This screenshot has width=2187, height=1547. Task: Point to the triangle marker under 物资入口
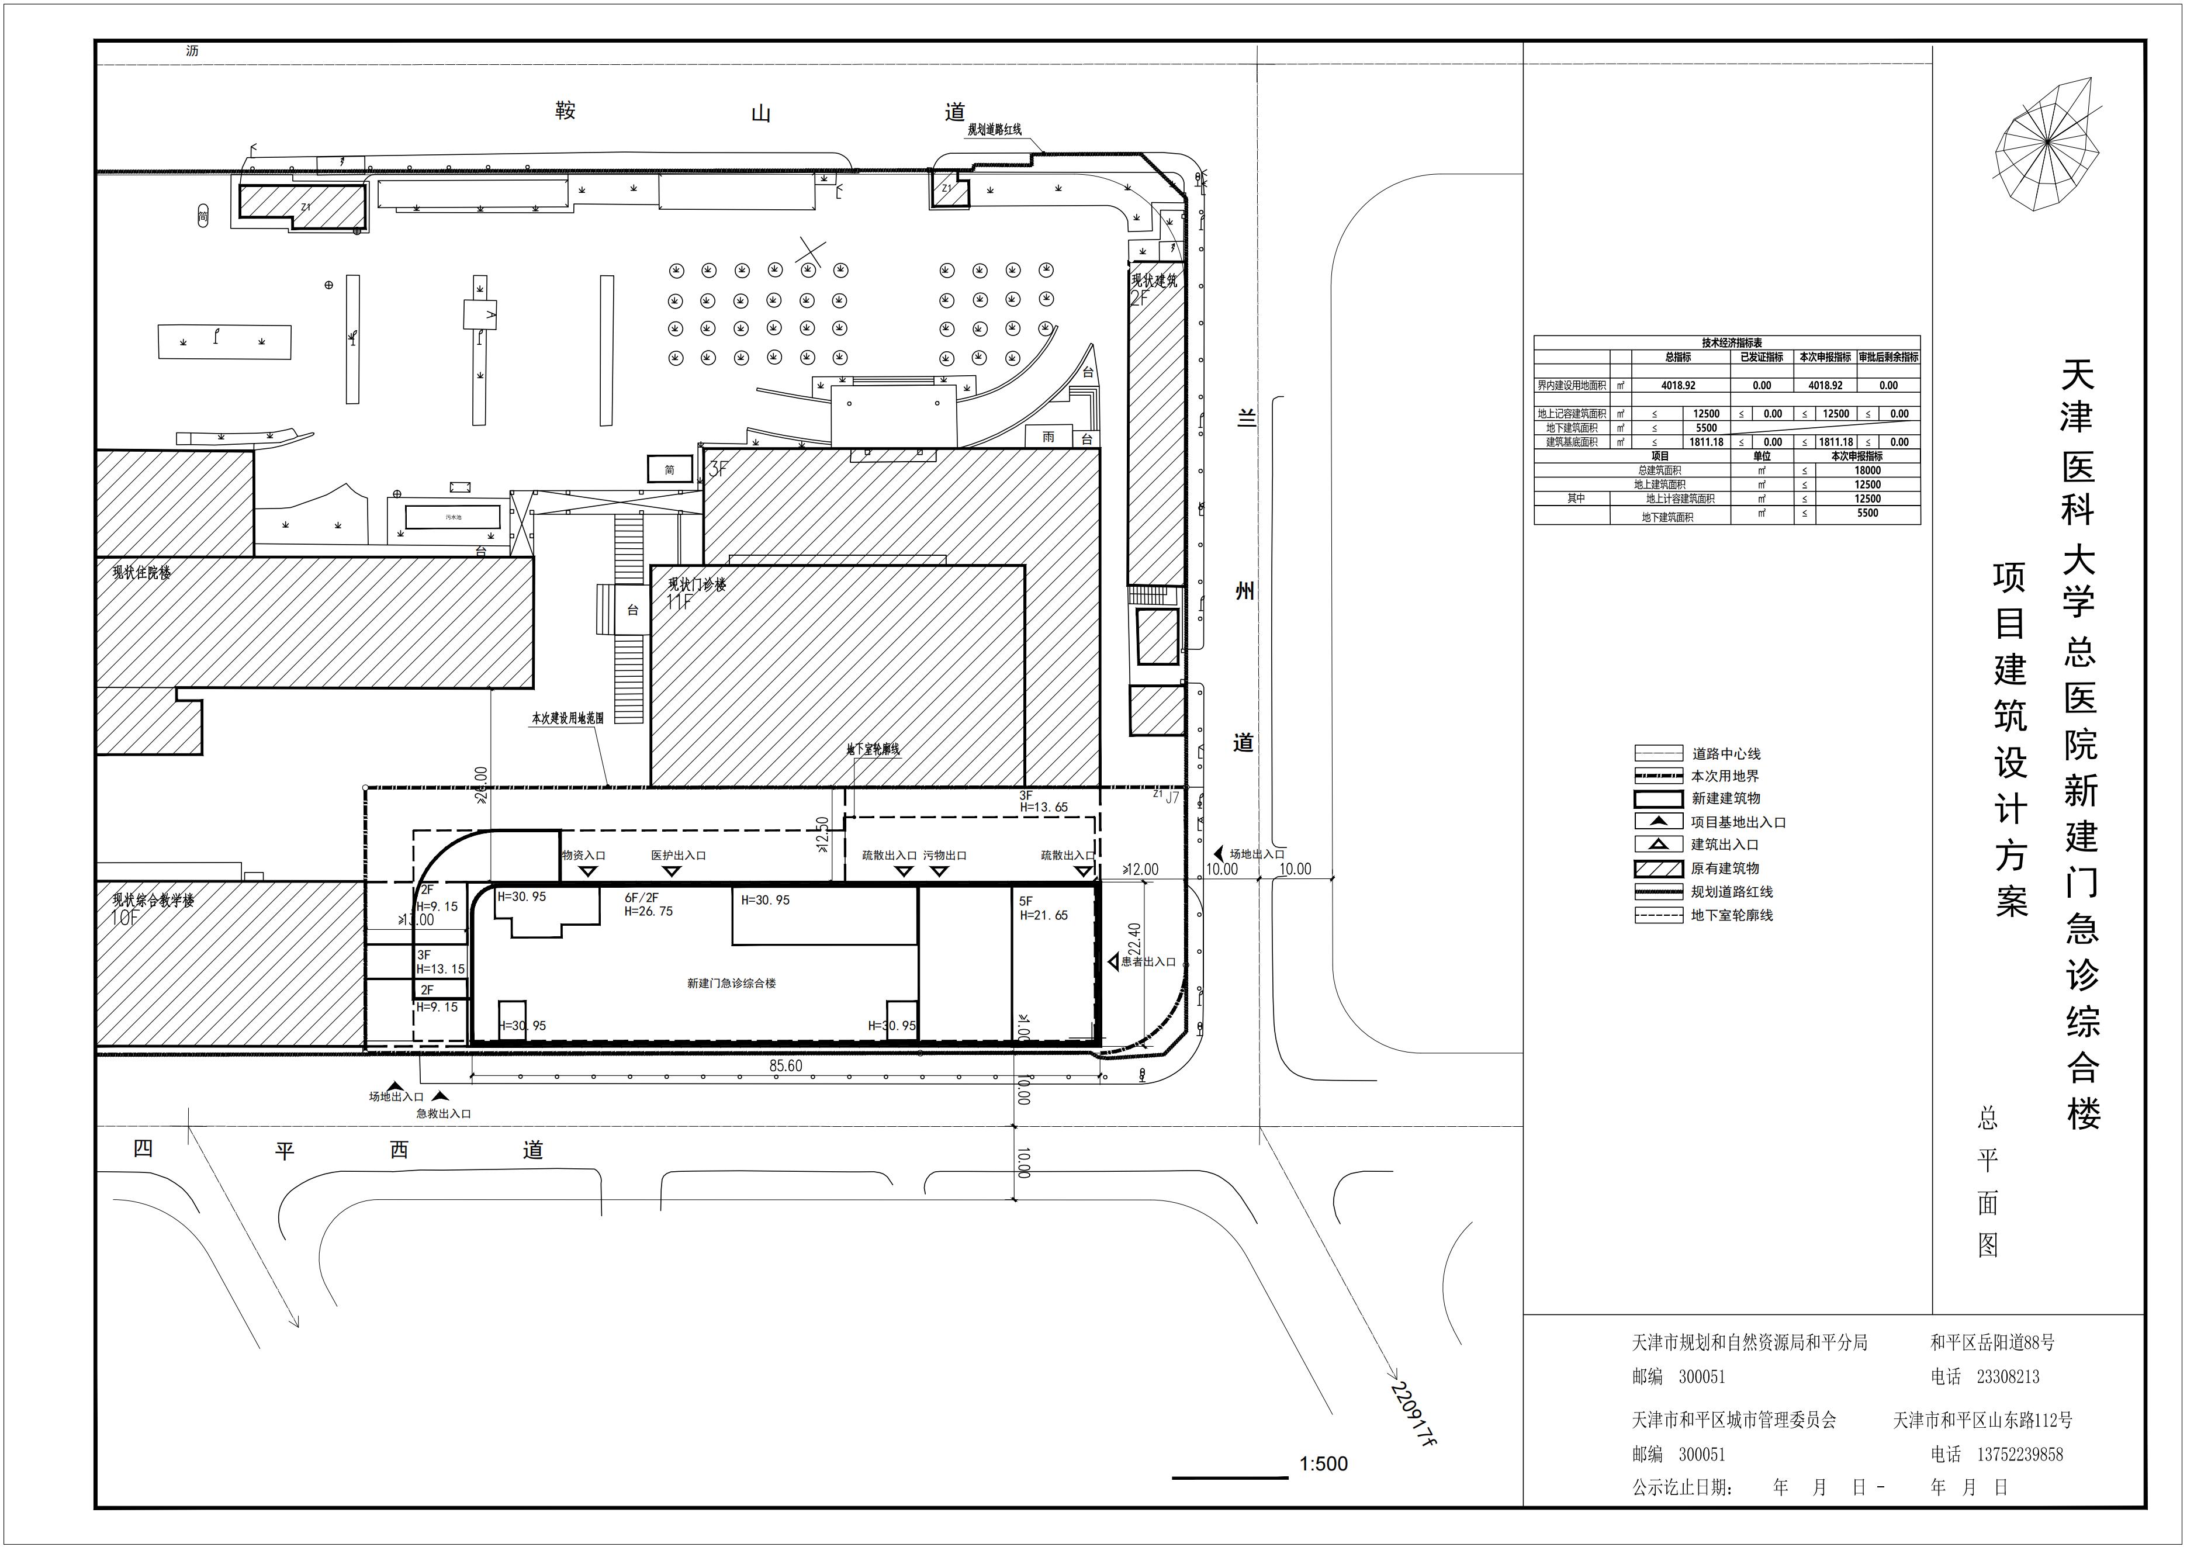[589, 871]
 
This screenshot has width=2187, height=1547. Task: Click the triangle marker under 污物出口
[939, 871]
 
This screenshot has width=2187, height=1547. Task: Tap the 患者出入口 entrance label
[1148, 962]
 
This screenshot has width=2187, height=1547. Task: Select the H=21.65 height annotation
[1044, 915]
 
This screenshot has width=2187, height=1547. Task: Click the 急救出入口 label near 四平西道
[443, 1113]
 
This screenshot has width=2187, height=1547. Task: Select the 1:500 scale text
[1323, 1464]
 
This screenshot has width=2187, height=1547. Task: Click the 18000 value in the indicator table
[1867, 470]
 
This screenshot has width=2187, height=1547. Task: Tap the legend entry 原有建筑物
[1724, 868]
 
